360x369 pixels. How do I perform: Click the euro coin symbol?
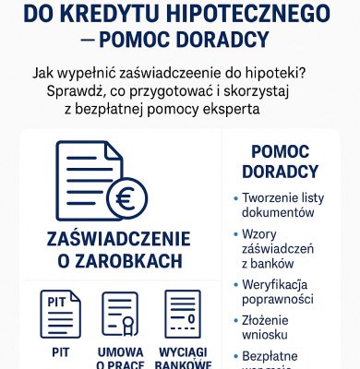pyautogui.click(x=125, y=197)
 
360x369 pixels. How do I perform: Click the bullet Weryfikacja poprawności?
pyautogui.click(x=282, y=294)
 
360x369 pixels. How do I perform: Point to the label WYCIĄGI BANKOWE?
pyautogui.click(x=182, y=358)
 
